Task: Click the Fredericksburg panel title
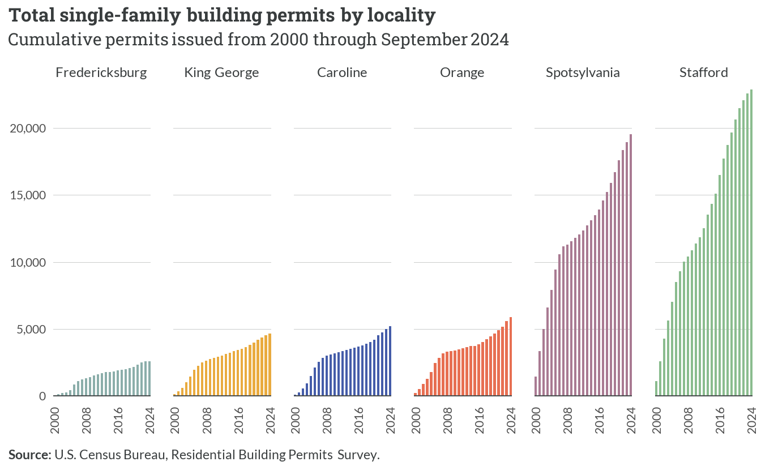101,72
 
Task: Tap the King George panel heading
221,72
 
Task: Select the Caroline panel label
342,72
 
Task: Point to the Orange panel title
462,72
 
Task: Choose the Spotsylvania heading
583,72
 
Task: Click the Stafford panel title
704,72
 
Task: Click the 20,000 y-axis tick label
28,129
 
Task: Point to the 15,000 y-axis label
28,195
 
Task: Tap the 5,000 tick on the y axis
31,330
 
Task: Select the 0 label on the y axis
42,396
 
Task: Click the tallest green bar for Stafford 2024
751,243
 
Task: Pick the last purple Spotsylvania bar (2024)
631,265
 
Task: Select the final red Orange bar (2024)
510,357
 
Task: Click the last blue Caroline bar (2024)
390,361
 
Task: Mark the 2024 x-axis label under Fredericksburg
150,420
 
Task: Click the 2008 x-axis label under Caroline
327,420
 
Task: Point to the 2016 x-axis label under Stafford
720,420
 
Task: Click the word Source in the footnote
30,455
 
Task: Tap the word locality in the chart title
401,16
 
